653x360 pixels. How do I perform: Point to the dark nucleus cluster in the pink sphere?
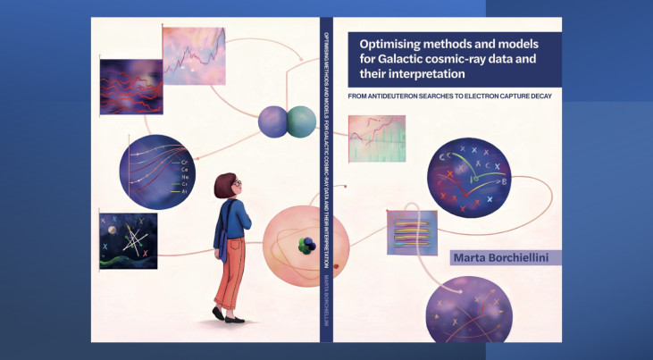pyautogui.click(x=306, y=242)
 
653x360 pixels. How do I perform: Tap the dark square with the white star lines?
pyautogui.click(x=129, y=240)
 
